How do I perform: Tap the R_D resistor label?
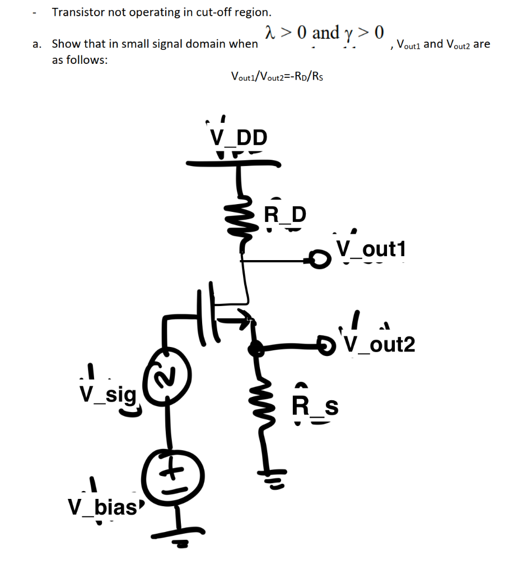click(x=284, y=214)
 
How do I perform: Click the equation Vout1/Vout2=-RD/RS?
click(x=277, y=76)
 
